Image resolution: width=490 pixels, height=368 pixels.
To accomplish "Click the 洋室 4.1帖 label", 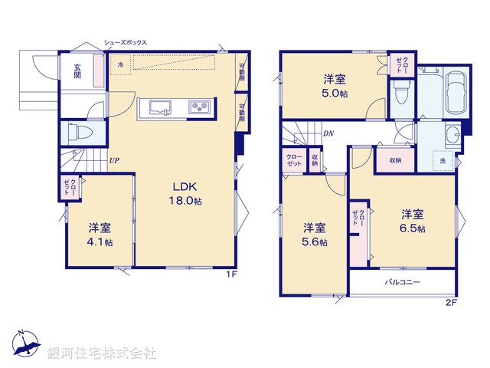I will coord(99,235).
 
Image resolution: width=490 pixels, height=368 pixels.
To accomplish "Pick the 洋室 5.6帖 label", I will coord(314,235).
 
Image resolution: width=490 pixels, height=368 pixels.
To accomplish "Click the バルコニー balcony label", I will coord(403,283).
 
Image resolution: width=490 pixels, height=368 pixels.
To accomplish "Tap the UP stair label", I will coord(113,161).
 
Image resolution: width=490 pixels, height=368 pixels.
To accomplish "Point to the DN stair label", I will coord(328,133).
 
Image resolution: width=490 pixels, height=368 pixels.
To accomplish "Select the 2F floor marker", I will coord(451,303).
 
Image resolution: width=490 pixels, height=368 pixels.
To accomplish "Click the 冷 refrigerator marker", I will coord(121,66).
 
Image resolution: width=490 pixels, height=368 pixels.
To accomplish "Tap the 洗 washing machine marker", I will coord(443,161).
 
